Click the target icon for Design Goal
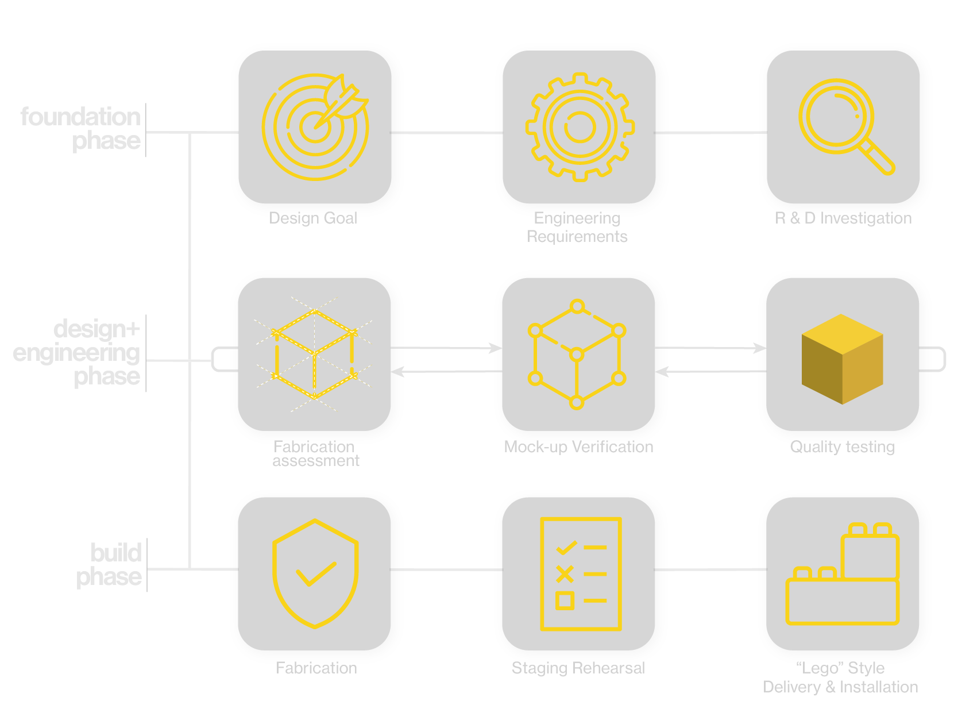coord(315,127)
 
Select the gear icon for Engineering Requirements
coord(580,127)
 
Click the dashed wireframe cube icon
coord(314,354)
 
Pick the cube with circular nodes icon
coord(577,354)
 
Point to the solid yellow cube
coord(842,359)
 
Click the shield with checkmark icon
coord(315,573)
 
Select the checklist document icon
coord(581,573)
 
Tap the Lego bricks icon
coord(843,575)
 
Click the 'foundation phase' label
coord(81,128)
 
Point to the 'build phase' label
coord(109,564)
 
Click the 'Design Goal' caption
coord(313,218)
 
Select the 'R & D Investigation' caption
coord(843,218)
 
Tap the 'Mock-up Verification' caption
coord(578,447)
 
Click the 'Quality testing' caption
coord(842,447)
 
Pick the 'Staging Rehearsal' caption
coord(578,668)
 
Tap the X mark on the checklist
coord(565,573)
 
